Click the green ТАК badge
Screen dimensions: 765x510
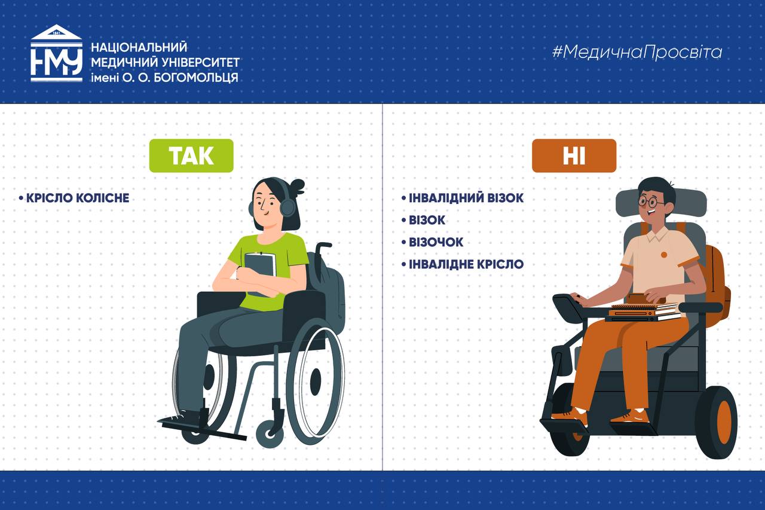click(x=191, y=156)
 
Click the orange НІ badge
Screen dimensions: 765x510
click(x=574, y=156)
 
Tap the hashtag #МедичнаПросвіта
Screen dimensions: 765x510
click(x=637, y=52)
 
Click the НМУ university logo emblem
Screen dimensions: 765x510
click(x=57, y=53)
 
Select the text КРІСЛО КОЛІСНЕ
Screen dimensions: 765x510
click(x=78, y=198)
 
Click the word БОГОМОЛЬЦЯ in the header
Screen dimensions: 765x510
click(x=196, y=78)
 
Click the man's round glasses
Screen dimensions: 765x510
click(x=651, y=201)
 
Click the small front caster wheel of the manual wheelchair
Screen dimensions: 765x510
click(x=270, y=434)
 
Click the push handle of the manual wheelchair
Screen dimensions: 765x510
click(x=323, y=245)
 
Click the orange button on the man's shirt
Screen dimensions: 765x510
click(x=664, y=255)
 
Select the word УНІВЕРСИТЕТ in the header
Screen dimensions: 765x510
click(x=200, y=63)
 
